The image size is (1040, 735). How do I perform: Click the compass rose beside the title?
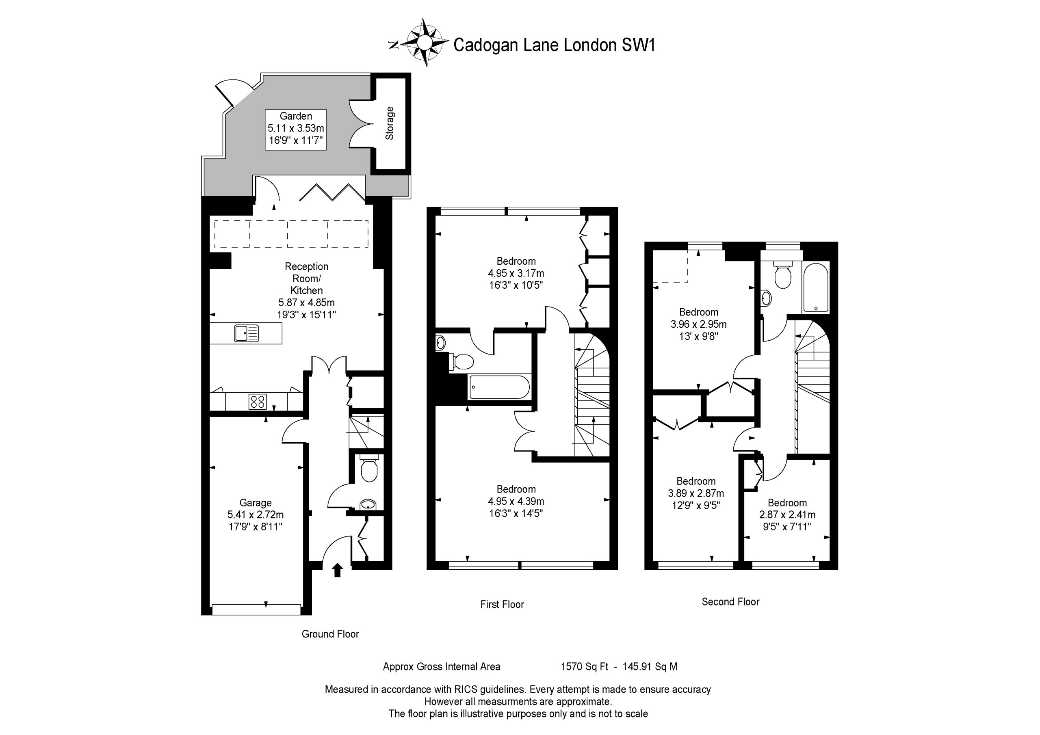tap(424, 43)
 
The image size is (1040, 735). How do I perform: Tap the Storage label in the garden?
tap(390, 123)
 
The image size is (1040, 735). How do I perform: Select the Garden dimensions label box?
tap(296, 129)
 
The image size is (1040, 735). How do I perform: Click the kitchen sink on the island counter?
tap(247, 333)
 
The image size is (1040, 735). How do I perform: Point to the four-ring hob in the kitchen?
tap(257, 401)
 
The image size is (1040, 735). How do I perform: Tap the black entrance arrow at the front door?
tap(337, 570)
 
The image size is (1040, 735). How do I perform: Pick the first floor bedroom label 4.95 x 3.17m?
tap(516, 273)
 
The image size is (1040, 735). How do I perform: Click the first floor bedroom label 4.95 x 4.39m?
tap(516, 501)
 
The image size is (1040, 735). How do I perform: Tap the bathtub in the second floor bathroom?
tap(815, 288)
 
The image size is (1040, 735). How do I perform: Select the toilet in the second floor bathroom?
tap(782, 274)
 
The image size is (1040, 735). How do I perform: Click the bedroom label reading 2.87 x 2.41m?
tap(787, 514)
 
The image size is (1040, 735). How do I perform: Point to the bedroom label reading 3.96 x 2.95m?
tap(698, 324)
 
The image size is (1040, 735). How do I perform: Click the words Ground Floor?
tap(330, 634)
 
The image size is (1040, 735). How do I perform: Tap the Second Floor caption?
tap(730, 602)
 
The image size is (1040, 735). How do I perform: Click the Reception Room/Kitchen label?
tap(307, 290)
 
